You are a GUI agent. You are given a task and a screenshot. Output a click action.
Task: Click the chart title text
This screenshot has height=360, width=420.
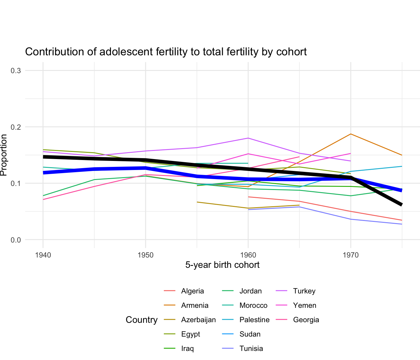[x=166, y=52]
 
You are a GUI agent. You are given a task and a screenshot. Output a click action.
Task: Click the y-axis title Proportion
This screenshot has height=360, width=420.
[x=4, y=155]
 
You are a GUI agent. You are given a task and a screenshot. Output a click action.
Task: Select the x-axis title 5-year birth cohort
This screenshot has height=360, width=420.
[x=222, y=265]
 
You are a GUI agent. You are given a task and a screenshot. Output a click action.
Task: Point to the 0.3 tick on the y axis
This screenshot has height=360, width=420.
[x=16, y=71]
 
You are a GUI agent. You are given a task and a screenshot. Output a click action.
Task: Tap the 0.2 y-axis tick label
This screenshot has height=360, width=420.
[x=16, y=127]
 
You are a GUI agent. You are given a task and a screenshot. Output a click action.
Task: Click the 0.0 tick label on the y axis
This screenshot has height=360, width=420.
[x=16, y=240]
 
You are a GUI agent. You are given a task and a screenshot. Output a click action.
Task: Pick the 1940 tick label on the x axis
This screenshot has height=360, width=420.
[x=43, y=255]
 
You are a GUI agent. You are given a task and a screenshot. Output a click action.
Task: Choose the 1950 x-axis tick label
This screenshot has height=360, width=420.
[x=145, y=255]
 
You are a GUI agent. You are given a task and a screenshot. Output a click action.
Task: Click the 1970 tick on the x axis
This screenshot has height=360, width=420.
[x=351, y=255]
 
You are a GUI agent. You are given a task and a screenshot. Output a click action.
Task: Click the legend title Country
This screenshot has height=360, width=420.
[x=142, y=320]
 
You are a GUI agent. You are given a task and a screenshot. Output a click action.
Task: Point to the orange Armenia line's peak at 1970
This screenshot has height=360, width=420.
[x=351, y=134]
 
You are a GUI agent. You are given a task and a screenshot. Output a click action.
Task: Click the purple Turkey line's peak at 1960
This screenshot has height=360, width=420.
[x=248, y=138]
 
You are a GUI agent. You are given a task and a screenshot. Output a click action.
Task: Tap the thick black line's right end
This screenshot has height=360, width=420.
[x=401, y=205]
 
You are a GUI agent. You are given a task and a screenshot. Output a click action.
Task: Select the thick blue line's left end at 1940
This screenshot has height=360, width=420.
[x=43, y=172]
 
